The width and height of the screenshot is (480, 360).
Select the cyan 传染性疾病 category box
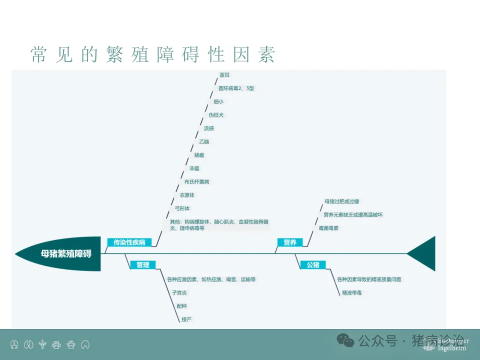pos(129,242)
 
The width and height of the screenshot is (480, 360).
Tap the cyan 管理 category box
pos(143,265)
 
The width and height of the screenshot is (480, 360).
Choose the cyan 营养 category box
pos(290,242)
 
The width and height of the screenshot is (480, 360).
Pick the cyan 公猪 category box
pos(313,265)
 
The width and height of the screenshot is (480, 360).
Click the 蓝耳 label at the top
pos(224,75)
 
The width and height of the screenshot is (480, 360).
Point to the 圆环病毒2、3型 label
pos(236,88)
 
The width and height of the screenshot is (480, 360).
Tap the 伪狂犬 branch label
pos(216,115)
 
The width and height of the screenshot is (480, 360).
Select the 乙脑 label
pos(204,141)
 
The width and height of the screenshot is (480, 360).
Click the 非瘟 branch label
pos(194,168)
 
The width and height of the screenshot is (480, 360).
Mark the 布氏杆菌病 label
pos(196,181)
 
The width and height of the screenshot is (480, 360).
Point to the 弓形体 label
pos(182,208)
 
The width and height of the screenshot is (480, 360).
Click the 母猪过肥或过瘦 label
pos(342,201)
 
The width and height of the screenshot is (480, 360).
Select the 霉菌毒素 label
pos(328,228)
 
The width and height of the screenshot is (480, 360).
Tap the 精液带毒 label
pos(351,292)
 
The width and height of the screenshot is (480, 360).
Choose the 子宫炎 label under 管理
pos(179,292)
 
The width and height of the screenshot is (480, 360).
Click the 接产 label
pos(186,319)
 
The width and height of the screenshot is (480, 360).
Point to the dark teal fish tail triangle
pos(424,253)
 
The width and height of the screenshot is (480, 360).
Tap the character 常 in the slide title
pos(39,54)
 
